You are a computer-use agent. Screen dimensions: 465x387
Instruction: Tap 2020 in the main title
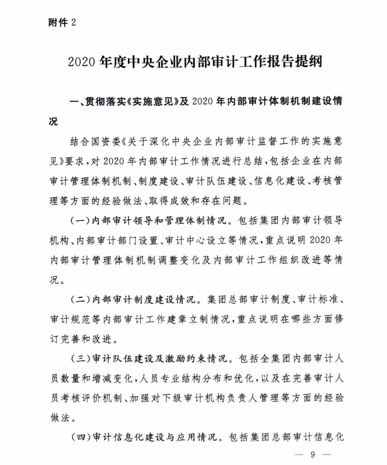[x=82, y=62]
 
